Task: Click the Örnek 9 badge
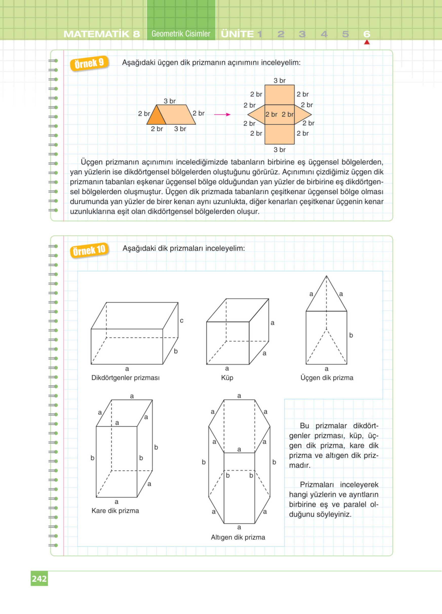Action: (x=89, y=63)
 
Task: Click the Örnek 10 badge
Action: (x=89, y=250)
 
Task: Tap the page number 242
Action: (x=39, y=579)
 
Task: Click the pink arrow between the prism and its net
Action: (x=222, y=114)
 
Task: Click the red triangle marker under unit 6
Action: (x=367, y=42)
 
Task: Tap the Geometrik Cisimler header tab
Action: (x=181, y=34)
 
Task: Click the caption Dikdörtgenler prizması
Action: (x=125, y=378)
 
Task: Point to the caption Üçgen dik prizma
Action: (x=327, y=378)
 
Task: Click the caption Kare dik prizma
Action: (x=115, y=511)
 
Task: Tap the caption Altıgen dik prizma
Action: (x=238, y=537)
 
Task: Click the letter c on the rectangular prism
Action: (x=182, y=320)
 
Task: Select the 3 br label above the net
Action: (x=279, y=81)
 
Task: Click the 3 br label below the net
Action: (x=279, y=150)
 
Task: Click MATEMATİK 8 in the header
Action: (x=102, y=34)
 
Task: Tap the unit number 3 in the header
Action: (x=302, y=34)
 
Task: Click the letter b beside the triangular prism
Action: (x=351, y=335)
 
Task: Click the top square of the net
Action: (x=279, y=95)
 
